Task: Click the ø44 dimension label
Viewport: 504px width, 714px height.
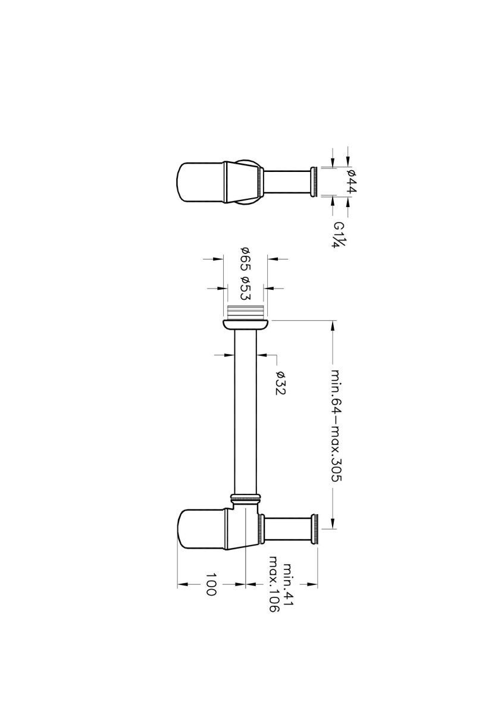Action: tap(351, 181)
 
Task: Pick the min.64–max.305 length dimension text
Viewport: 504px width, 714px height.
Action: tap(336, 431)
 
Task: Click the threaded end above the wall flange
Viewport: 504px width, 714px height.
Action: tap(245, 311)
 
